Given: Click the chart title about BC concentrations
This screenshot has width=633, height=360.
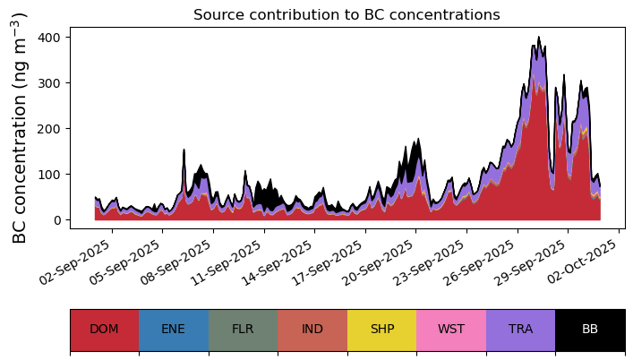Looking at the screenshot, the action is click(346, 14).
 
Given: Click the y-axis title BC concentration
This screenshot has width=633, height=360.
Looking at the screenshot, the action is click(20, 128).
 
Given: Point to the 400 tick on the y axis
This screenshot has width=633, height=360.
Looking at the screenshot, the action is click(49, 38).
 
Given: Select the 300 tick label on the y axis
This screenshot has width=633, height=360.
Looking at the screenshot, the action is click(49, 83).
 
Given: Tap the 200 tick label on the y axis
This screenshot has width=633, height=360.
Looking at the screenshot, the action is click(49, 129).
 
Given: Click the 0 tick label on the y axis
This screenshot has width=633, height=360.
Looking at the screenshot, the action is click(56, 220).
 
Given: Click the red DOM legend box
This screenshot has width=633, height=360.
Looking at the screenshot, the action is click(105, 330).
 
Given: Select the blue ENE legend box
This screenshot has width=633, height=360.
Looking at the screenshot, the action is click(174, 330).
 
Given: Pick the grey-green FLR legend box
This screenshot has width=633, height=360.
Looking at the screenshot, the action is click(244, 330).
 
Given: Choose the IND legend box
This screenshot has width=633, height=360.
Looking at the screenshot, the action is click(312, 330).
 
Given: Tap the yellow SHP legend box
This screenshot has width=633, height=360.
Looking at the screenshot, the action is click(382, 330).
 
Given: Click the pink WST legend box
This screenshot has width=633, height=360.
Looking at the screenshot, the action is click(451, 330).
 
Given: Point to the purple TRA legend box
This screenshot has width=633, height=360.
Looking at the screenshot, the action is click(521, 330).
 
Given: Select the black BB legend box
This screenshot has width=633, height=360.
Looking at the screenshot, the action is click(590, 330).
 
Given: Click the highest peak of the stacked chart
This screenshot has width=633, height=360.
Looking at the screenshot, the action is click(538, 37).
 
